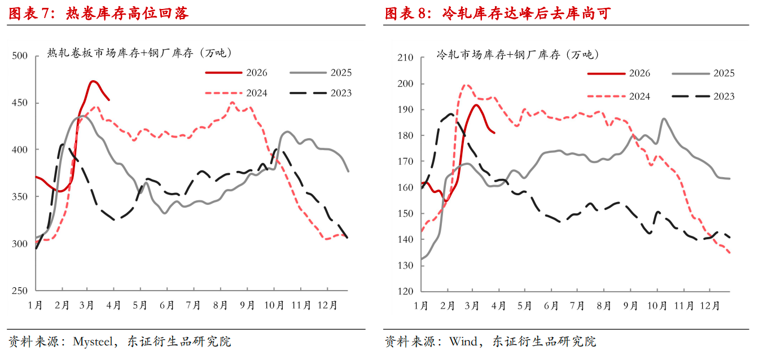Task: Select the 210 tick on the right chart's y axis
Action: point(406,58)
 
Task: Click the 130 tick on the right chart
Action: point(406,265)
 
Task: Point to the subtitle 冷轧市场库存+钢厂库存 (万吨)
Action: point(518,55)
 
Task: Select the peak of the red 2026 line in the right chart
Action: point(476,105)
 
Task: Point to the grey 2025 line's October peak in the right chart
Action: point(664,118)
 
